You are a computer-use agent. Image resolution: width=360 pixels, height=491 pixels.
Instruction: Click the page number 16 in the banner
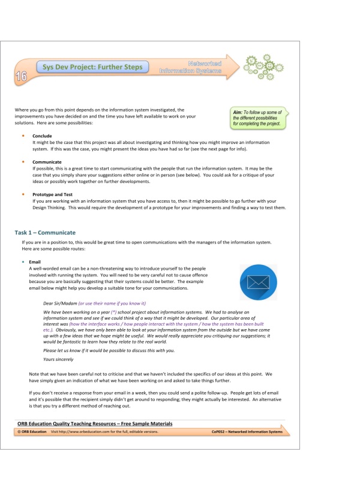(21, 76)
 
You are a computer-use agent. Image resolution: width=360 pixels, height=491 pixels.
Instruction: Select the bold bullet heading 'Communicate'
(46, 162)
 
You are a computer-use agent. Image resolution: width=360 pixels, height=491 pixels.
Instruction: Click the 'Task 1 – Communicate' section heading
(45, 232)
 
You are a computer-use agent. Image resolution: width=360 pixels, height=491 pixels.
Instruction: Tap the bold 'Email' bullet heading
(35, 262)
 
